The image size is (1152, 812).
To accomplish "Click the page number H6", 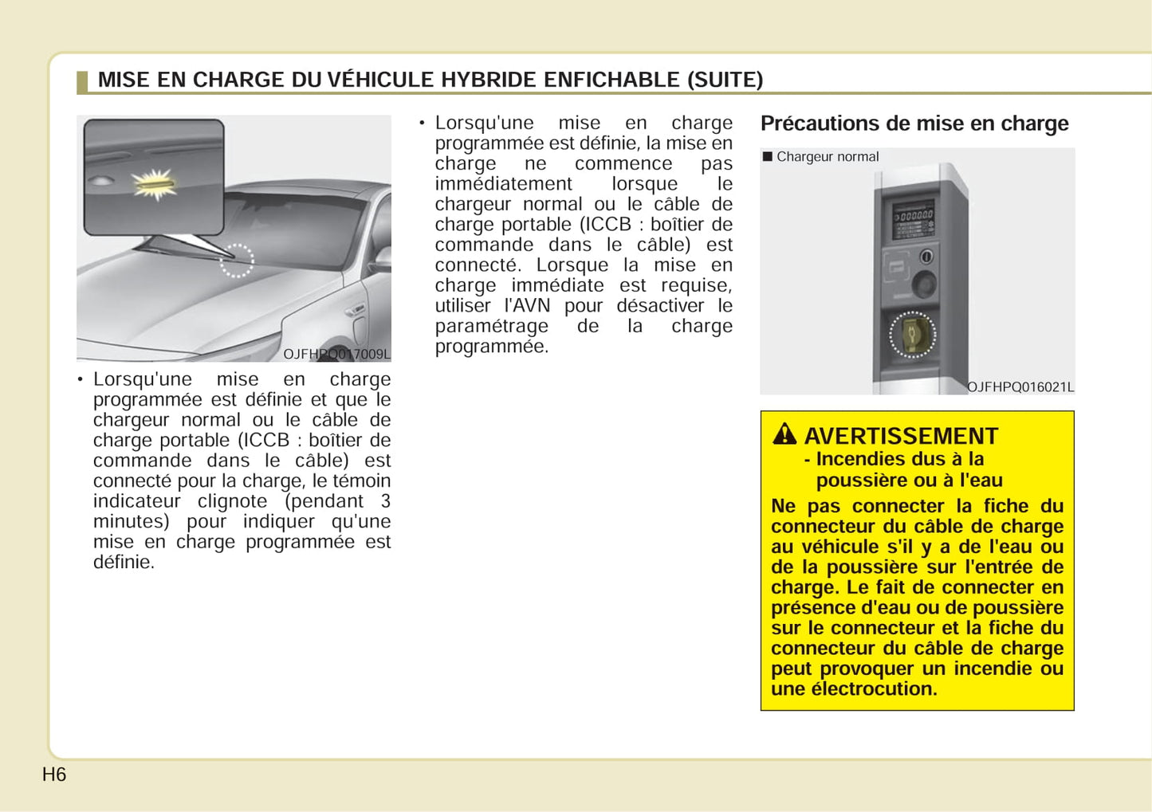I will coord(54,775).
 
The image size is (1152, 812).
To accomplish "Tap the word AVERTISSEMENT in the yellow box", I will coord(901,436).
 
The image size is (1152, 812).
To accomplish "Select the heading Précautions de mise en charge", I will coord(914,124).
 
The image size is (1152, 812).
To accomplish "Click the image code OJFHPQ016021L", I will coord(1020,386).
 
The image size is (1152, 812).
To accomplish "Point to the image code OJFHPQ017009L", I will coord(336,354).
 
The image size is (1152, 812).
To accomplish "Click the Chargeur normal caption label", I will coord(827,157).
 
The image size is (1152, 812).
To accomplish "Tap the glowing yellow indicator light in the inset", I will coord(155,184).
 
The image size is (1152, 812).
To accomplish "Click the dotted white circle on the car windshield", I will coord(237,261).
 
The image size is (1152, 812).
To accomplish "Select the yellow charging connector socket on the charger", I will coord(911,334).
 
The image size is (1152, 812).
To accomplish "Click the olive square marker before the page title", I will coord(81,81).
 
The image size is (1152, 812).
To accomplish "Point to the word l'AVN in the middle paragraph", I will coord(527,305).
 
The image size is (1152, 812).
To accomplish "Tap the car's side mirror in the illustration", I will coord(380,259).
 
